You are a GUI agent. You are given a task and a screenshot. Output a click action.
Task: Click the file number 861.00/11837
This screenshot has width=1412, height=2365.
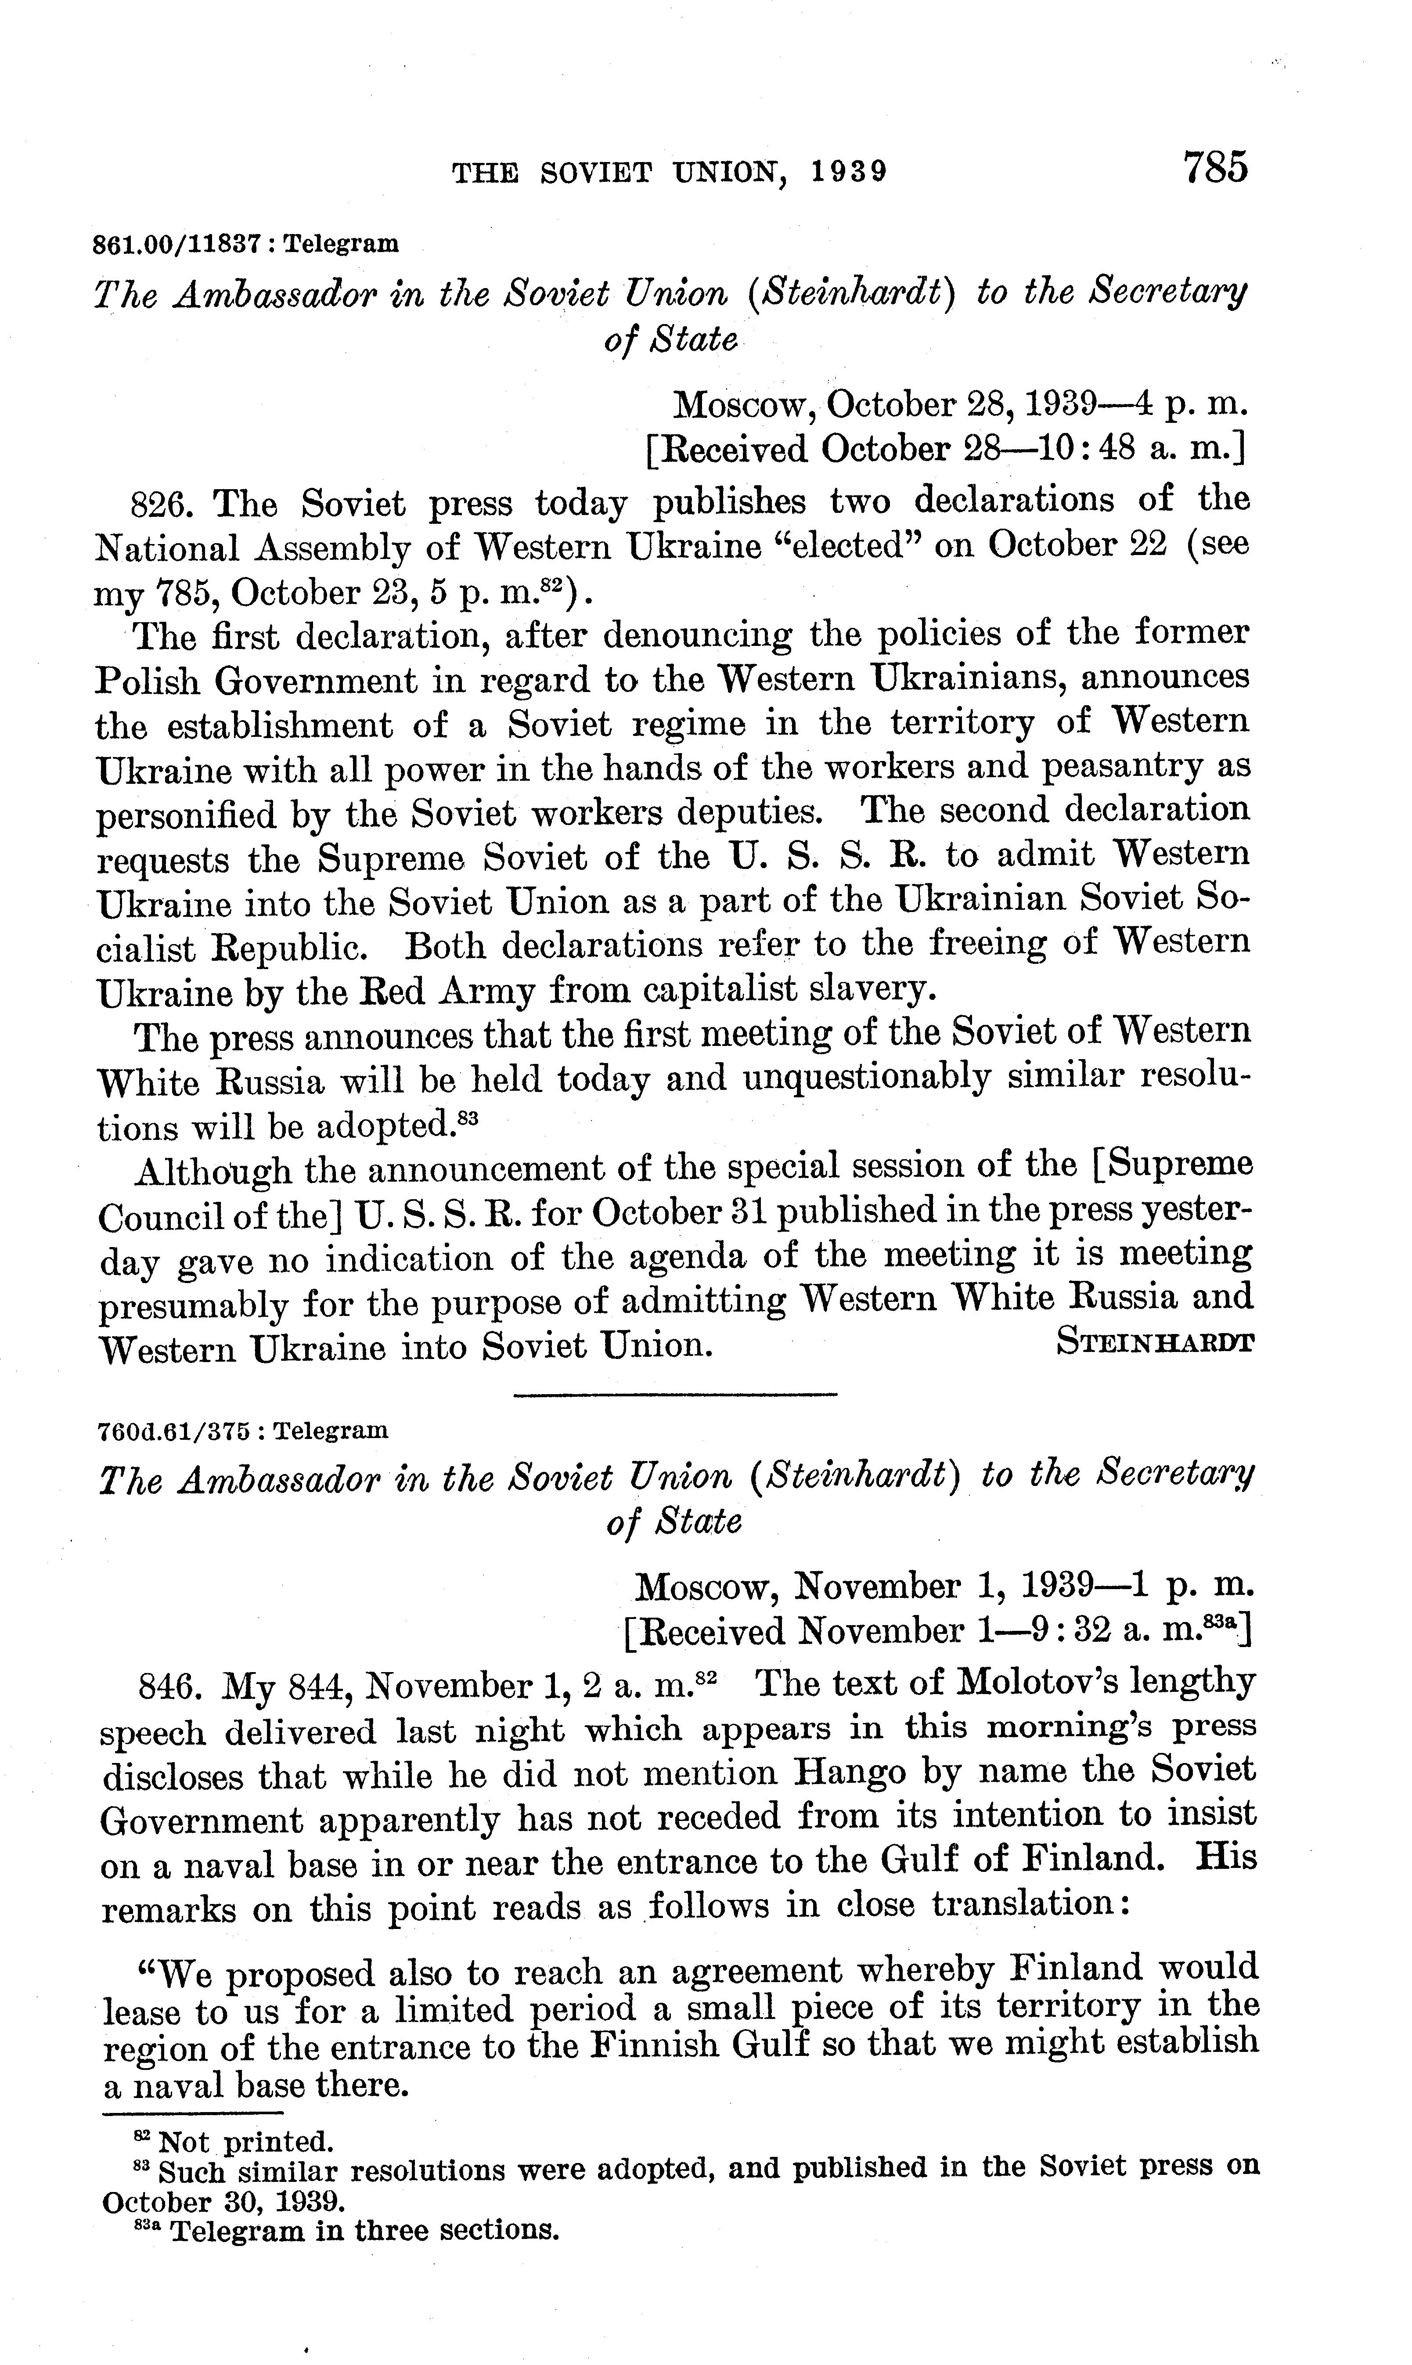(177, 244)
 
